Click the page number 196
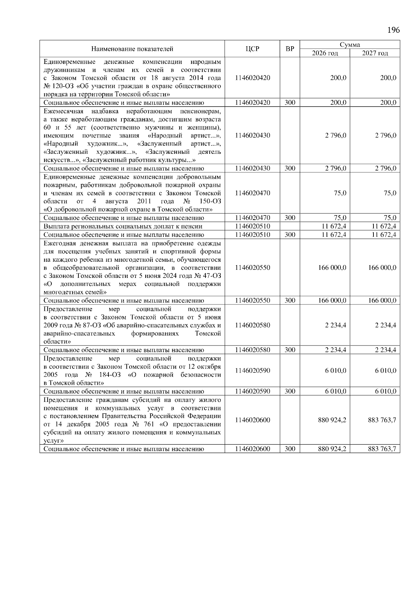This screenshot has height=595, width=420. (x=393, y=30)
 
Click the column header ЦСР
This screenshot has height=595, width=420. (x=252, y=49)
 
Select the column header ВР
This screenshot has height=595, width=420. (x=290, y=49)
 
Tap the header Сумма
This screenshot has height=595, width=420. (x=350, y=45)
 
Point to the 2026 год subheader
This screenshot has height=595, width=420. (x=325, y=53)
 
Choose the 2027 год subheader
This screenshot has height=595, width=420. (x=375, y=53)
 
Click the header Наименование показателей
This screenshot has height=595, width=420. (x=132, y=49)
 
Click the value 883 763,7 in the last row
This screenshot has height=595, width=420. (x=382, y=449)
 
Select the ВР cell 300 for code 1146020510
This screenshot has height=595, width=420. (x=290, y=235)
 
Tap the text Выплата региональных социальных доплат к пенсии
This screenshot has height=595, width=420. (x=123, y=226)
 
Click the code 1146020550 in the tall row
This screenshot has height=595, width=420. (x=252, y=268)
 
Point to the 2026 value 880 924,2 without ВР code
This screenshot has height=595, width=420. (x=332, y=420)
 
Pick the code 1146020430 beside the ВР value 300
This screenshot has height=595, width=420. (x=252, y=168)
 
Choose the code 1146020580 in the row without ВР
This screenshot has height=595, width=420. (x=252, y=325)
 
